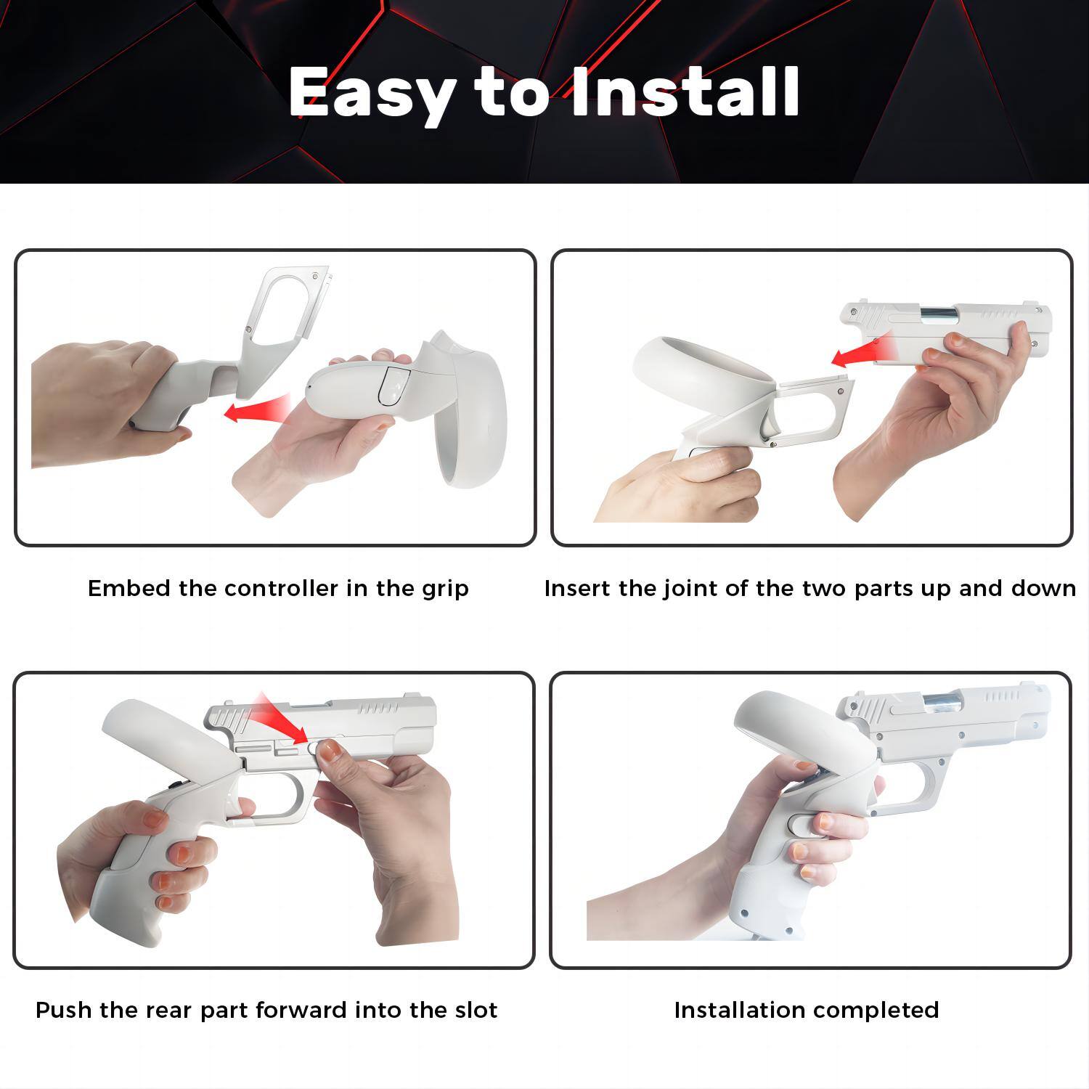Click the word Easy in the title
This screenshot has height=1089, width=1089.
coord(372,93)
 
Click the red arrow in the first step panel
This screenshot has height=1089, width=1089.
coord(257,409)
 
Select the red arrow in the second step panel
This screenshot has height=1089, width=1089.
coord(857,351)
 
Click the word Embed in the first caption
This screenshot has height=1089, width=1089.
coord(129,588)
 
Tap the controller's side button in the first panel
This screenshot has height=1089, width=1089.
coord(392,385)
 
